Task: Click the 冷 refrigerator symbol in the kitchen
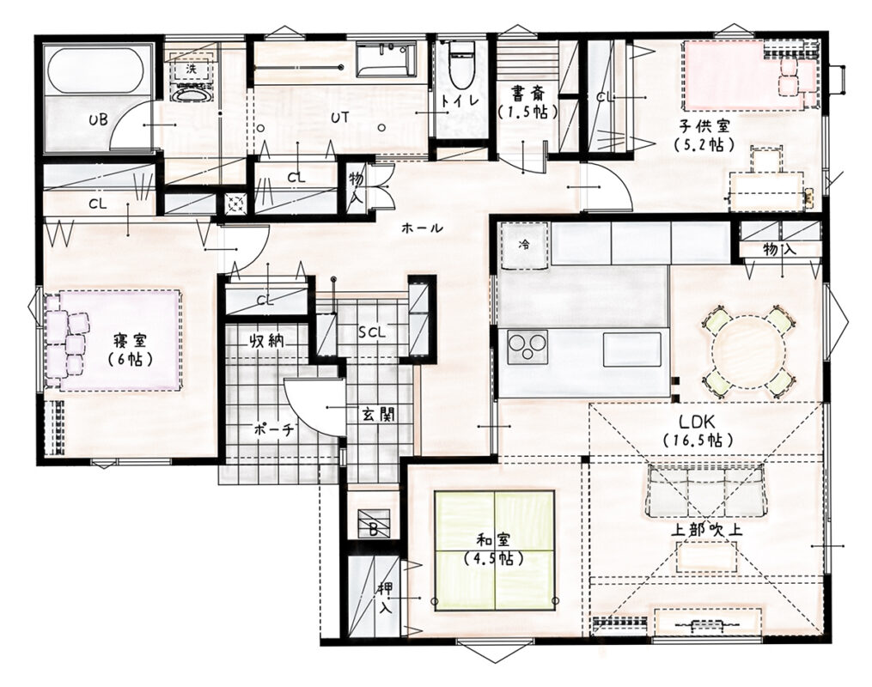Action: pos(524,245)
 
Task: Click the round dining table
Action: pos(749,350)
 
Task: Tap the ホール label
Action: pos(422,228)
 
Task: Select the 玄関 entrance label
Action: pos(379,414)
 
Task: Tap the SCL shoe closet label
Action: pos(371,333)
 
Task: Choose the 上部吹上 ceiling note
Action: pos(706,530)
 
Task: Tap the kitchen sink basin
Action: pos(632,349)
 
